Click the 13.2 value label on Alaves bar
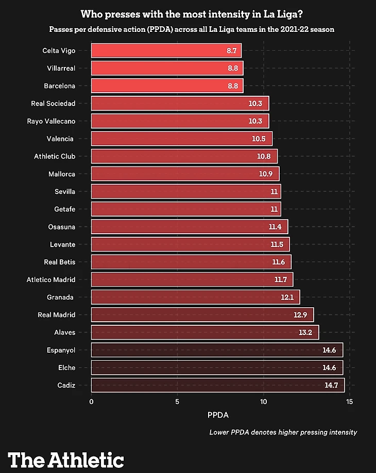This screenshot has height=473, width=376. pyautogui.click(x=305, y=332)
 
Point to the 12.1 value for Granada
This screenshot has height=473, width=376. pyautogui.click(x=286, y=297)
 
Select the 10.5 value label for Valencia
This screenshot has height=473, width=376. pyautogui.click(x=259, y=139)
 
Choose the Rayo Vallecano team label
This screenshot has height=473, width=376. pyautogui.click(x=51, y=121)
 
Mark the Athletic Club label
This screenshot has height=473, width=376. pyautogui.click(x=55, y=156)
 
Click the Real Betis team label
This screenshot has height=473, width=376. pyautogui.click(x=60, y=262)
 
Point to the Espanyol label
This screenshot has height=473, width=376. pyautogui.click(x=61, y=350)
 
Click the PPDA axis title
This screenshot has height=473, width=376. pyautogui.click(x=218, y=415)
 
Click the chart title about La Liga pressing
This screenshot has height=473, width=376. pyautogui.click(x=192, y=14)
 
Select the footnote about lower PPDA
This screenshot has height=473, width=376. pyautogui.click(x=283, y=432)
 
